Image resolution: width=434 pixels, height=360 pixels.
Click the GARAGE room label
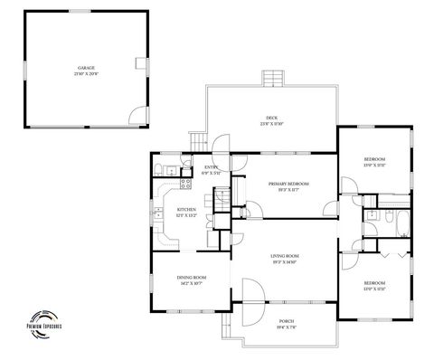pyautogui.click(x=86, y=67)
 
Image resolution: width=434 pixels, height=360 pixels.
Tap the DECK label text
pyautogui.click(x=270, y=118)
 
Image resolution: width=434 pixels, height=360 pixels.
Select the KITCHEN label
pyautogui.click(x=185, y=211)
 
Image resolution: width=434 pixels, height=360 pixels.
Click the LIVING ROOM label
pyautogui.click(x=285, y=256)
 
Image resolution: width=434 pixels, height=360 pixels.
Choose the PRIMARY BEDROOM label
pyautogui.click(x=289, y=184)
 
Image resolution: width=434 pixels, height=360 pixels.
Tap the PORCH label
pyautogui.click(x=287, y=321)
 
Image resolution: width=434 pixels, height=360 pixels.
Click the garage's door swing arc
pyautogui.click(x=135, y=115)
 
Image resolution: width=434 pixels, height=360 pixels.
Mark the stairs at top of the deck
pyautogui.click(x=274, y=79)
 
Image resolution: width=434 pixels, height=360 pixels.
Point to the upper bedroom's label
pyautogui.click(x=374, y=160)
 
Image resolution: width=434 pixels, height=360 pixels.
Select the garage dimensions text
pyautogui.click(x=86, y=72)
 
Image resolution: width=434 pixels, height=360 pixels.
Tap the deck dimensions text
pyautogui.click(x=271, y=124)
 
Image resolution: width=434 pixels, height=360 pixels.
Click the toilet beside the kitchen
pyautogui.click(x=158, y=169)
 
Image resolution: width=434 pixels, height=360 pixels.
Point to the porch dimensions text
pyautogui.click(x=287, y=327)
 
